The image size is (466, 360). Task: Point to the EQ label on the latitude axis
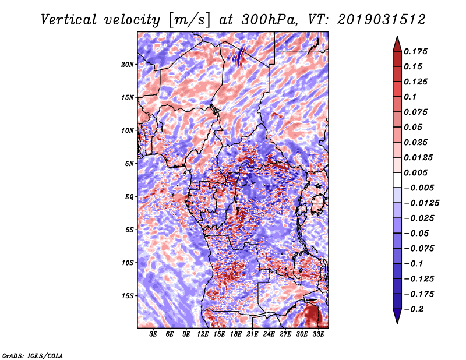coord(129,197)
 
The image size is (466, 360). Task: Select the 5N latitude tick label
coord(130,164)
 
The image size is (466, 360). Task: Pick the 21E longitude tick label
coord(252,334)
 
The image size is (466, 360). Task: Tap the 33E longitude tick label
coord(318,334)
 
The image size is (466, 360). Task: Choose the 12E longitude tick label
coord(203,334)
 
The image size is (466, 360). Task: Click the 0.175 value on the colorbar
coord(418,51)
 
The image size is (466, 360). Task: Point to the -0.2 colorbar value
coord(417,309)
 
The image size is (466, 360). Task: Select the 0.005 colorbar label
coord(418,172)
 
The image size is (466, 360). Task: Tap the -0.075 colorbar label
coord(420,249)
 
